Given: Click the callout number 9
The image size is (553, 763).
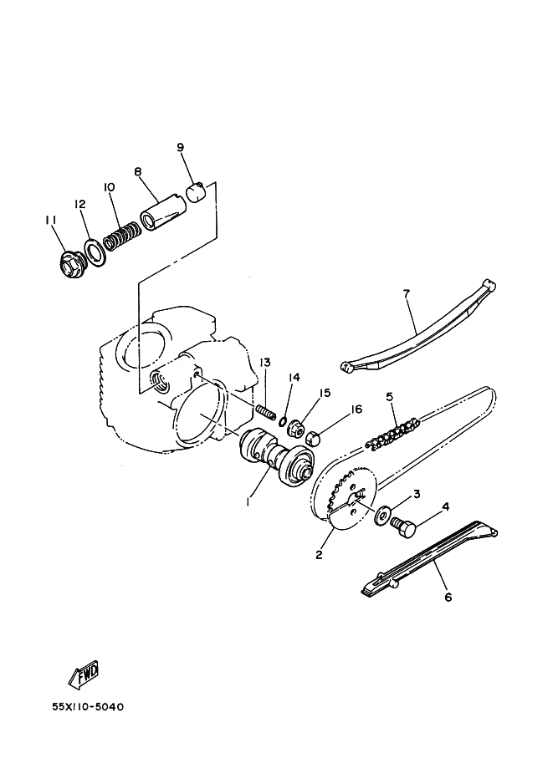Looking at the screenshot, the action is [x=180, y=147].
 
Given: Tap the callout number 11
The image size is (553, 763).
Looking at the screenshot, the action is [x=51, y=221].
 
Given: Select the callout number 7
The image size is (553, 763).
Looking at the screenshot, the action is [x=407, y=293].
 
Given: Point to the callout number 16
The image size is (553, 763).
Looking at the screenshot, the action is [x=356, y=409].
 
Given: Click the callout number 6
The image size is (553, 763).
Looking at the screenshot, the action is [x=448, y=597].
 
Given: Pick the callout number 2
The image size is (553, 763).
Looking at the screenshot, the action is [x=319, y=554].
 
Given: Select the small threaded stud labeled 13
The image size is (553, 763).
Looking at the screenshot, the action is [x=266, y=412].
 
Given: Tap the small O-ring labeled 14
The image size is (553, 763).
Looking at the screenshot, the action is [x=283, y=420].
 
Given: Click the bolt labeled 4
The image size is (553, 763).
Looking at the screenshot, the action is [x=403, y=527].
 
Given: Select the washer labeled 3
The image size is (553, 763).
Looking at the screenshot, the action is [x=382, y=516].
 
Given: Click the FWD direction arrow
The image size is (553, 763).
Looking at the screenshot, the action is [x=84, y=674].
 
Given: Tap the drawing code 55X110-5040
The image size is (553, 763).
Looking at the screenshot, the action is [x=88, y=706].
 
